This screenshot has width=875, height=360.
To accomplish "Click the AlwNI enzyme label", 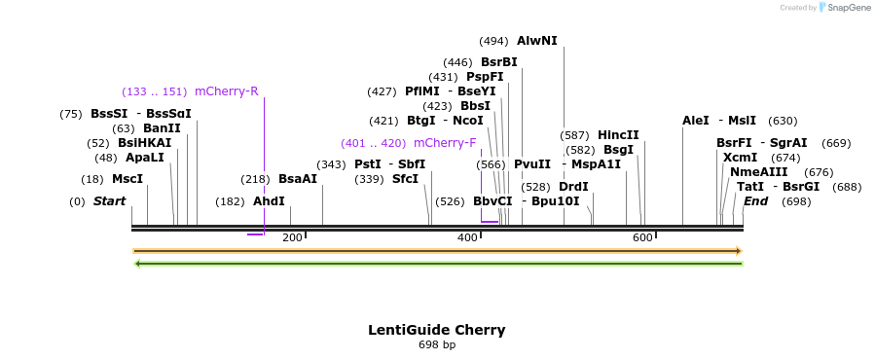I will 536,41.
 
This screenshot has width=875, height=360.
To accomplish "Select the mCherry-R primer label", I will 226,91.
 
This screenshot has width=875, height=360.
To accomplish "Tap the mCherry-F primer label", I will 445,143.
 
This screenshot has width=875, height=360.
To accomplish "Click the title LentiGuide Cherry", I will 436,330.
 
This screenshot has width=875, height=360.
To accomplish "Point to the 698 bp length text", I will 437,344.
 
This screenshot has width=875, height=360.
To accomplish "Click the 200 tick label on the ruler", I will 292,237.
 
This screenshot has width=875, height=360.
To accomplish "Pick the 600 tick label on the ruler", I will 642,237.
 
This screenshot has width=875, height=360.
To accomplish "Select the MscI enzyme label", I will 128,179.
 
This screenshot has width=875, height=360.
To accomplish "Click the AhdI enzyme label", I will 269,201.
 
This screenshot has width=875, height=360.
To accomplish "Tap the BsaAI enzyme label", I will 298,179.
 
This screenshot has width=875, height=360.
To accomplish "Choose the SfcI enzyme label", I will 405,179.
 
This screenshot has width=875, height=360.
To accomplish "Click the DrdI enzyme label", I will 573,187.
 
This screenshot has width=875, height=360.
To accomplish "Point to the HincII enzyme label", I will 618,135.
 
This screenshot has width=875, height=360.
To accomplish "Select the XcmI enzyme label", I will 740,158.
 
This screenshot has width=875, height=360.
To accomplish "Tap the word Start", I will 109,201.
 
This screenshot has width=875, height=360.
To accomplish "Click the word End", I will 755,201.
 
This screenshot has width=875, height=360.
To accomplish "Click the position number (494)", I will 493,41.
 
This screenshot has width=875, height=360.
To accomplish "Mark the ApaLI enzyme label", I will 145,158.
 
